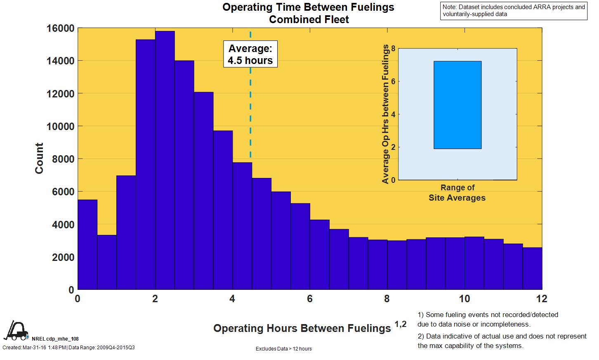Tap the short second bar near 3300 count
point(107,262)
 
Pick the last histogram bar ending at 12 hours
point(532,268)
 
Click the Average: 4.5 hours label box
point(250,54)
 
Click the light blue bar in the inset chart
point(457,105)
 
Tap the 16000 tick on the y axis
point(60,28)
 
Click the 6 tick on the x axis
point(309,298)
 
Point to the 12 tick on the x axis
point(542,298)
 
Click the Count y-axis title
point(39,159)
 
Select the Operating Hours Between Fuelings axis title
point(302,328)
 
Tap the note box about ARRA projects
point(514,11)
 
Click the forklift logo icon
point(16,330)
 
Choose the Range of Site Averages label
point(457,193)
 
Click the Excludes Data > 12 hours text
point(284,349)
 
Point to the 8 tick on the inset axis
point(393,49)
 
